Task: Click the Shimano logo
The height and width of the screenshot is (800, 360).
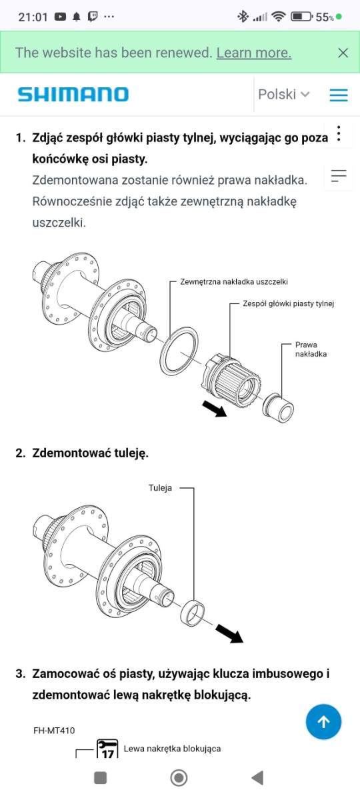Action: (73, 94)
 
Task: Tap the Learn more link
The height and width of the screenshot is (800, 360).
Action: (254, 53)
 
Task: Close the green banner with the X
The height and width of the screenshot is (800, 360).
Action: (343, 53)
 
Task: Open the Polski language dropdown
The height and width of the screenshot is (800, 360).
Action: (283, 94)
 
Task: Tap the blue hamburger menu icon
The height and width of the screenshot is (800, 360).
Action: (339, 95)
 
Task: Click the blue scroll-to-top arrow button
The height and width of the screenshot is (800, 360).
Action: (323, 722)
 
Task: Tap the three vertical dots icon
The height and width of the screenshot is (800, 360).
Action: (339, 134)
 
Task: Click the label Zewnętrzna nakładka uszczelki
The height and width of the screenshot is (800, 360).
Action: (234, 282)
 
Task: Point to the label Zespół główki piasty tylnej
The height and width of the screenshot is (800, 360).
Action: (289, 303)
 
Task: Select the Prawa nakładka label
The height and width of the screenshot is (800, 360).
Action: (311, 349)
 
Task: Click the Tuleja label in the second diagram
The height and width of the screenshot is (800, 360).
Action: (160, 488)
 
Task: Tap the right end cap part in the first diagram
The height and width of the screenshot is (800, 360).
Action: (278, 408)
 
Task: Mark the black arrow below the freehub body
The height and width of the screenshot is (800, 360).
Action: (215, 409)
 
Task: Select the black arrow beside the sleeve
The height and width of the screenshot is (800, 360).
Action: (229, 633)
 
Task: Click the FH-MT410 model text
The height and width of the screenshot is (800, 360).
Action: (54, 731)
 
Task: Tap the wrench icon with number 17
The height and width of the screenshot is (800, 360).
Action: (107, 749)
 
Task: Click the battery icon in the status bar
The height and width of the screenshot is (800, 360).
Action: (301, 17)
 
